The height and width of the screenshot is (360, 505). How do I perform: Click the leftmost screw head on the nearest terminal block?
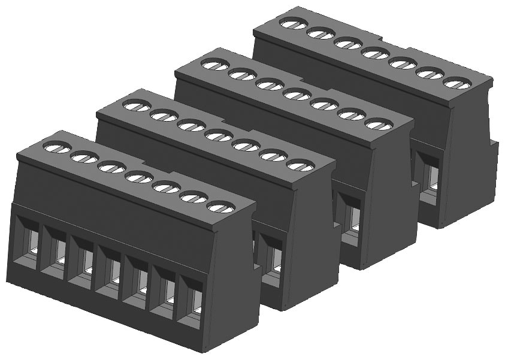coord(58,147)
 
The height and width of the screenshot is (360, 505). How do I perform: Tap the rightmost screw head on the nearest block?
coord(221,207)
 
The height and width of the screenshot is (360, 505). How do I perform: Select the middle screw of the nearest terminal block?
coord(140,177)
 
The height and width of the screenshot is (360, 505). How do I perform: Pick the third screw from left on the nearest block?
coord(112,167)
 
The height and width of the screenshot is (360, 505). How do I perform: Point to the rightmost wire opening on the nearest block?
coord(191,305)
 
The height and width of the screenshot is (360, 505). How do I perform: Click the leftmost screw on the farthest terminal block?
coord(294,23)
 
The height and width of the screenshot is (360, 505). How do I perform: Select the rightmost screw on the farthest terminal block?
coord(457,83)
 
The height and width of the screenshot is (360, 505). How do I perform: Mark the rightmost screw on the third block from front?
coord(379,125)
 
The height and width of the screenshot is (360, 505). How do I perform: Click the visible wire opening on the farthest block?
coord(429,174)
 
